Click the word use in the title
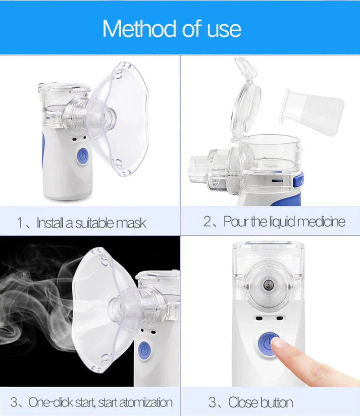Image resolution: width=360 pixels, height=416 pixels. tap(224, 29)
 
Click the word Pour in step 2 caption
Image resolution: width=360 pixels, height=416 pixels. tap(236, 222)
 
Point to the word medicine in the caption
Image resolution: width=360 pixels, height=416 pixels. tap(321, 222)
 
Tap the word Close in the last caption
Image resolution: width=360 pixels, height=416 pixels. tap(243, 402)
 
